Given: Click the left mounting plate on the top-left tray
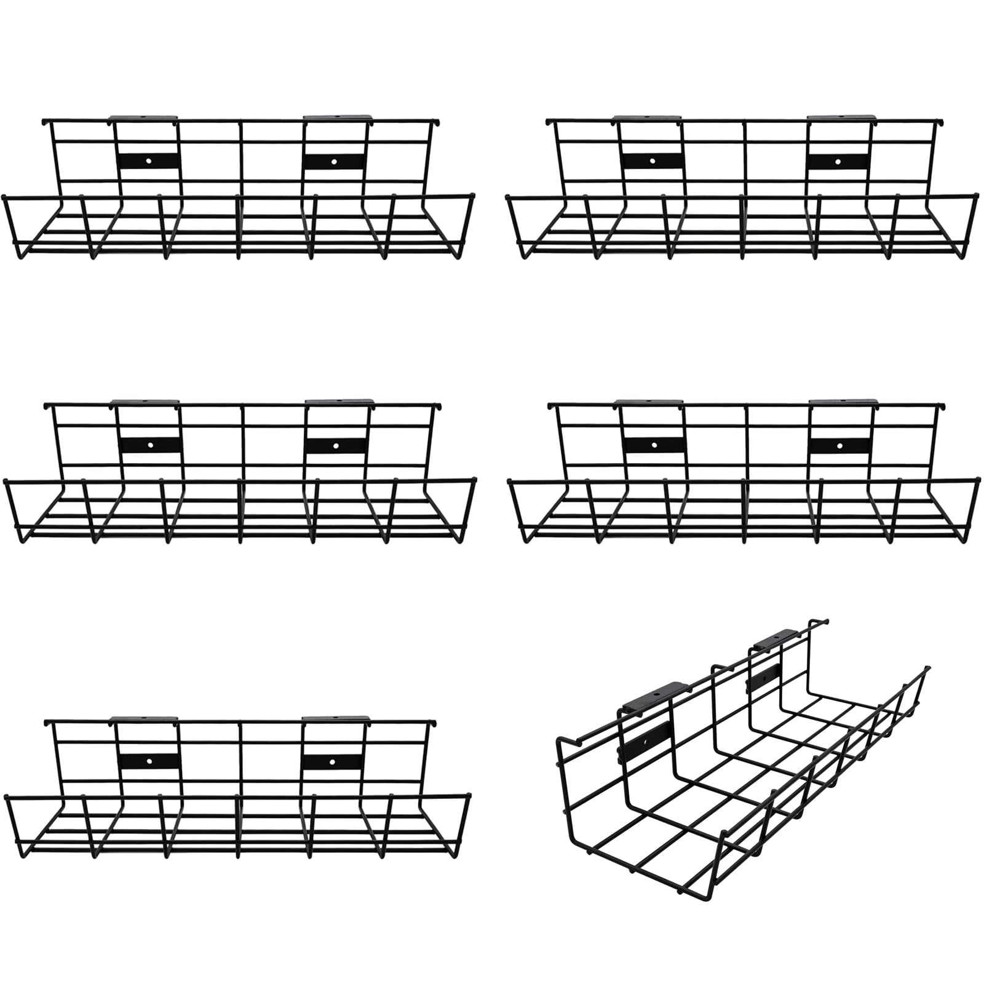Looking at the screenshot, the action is click(149, 161).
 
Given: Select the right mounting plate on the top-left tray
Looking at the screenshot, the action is click(333, 162).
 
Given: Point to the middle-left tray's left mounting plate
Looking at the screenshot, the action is click(150, 444).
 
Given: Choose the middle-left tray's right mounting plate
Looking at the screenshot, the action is click(335, 444).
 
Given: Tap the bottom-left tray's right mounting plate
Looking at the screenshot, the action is click(333, 761).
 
